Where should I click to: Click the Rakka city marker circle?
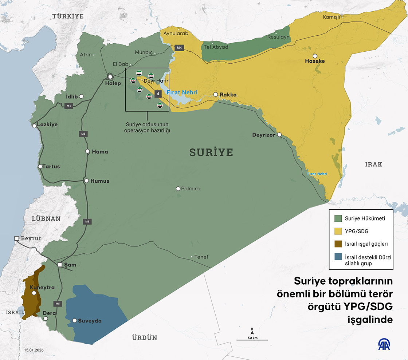[216, 94]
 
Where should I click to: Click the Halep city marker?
[110, 77]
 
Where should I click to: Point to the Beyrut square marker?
[16, 238]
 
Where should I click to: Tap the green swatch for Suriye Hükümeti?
[338, 219]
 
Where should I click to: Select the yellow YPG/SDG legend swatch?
[338, 231]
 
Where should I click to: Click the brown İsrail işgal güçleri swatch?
[338, 244]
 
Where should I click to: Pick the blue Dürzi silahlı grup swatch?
[338, 257]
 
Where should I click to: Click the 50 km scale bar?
[252, 340]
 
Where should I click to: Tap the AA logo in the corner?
[384, 344]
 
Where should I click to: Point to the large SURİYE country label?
[211, 152]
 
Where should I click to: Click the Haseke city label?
[314, 61]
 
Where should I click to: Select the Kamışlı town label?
[331, 17]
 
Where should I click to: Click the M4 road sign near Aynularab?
[179, 48]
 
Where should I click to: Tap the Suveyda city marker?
[75, 321]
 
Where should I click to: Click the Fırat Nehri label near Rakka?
[182, 92]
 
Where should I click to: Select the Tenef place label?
[201, 257]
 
